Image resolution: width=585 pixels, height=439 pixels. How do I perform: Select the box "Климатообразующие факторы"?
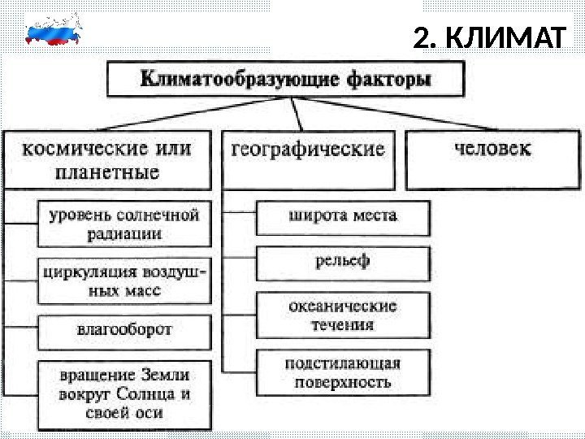tap(287, 80)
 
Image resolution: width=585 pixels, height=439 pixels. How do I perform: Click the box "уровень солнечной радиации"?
tap(124, 224)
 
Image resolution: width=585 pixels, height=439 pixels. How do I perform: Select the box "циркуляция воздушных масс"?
tap(124, 280)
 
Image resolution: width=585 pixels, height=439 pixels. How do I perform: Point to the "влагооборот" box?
tap(124, 331)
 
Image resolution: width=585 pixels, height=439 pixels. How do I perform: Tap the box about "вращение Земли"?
tap(124, 394)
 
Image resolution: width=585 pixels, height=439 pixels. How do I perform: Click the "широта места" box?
tap(343, 218)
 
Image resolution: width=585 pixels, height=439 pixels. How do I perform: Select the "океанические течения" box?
tap(343, 315)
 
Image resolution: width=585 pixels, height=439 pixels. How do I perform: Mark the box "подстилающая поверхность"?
tap(343, 372)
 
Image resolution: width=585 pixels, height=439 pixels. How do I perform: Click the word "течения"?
tap(343, 325)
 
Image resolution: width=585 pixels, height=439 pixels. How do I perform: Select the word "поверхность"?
tap(343, 381)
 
